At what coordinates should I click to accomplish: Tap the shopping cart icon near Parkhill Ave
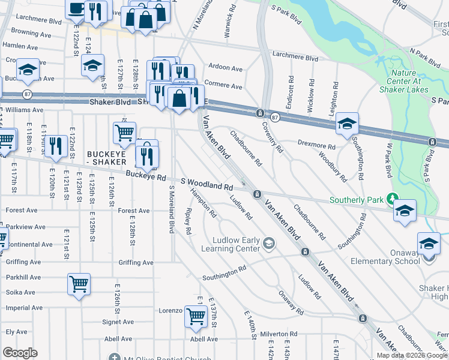79,284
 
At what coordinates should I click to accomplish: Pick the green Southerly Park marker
393,199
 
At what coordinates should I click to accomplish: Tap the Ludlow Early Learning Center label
231,244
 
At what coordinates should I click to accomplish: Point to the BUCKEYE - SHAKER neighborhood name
115,158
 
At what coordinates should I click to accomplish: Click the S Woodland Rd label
207,184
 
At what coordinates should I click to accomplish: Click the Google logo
20,353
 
